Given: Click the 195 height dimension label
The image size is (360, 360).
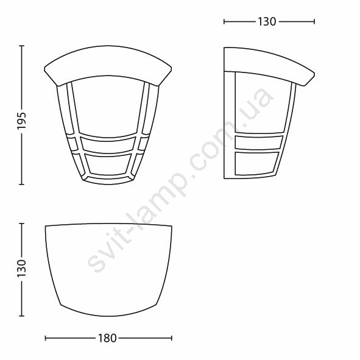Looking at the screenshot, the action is click(22, 121).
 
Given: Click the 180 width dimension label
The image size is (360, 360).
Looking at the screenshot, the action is click(107, 338).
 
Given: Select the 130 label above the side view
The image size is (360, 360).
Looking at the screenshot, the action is click(267, 22).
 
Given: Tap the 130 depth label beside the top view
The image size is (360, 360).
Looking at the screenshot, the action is click(22, 268).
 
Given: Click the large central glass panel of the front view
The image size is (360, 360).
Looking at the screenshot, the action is click(109, 107).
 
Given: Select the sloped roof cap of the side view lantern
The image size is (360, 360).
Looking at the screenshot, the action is click(269, 65).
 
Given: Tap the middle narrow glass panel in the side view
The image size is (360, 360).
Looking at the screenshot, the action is click(258, 143).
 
